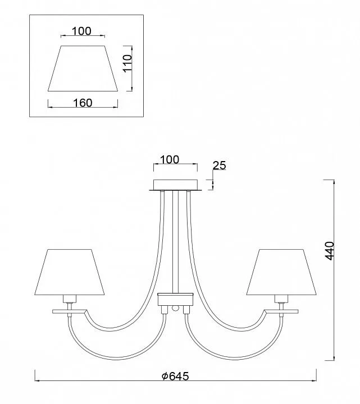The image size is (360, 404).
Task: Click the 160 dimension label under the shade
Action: point(83,103)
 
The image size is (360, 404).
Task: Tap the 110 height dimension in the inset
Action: point(127,63)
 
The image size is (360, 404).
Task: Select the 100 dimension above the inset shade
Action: point(81,31)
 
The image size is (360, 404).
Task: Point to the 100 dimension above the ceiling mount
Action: point(170,160)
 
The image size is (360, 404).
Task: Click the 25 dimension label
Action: point(219,166)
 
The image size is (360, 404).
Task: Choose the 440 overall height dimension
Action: point(330,251)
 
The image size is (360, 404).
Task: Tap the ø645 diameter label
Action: point(175,376)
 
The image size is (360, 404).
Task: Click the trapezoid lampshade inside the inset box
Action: point(83,68)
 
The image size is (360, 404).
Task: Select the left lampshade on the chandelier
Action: point(70,272)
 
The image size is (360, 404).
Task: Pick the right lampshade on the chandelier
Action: point(281,272)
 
